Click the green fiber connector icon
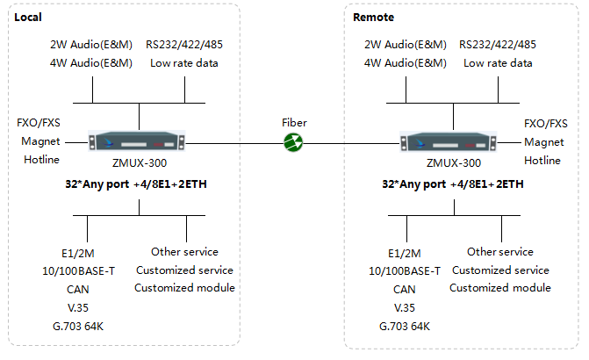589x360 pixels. click(294, 142)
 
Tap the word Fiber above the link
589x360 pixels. click(294, 123)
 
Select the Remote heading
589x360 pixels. click(373, 18)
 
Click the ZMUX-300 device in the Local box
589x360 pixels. click(140, 142)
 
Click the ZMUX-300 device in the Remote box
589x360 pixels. click(453, 142)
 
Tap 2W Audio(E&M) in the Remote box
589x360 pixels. click(406, 44)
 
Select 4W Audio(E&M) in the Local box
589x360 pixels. click(92, 62)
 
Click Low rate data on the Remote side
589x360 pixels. click(498, 62)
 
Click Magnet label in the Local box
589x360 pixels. click(39, 142)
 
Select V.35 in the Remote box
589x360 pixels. click(404, 308)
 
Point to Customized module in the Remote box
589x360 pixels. click(500, 288)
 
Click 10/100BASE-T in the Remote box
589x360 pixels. click(405, 270)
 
